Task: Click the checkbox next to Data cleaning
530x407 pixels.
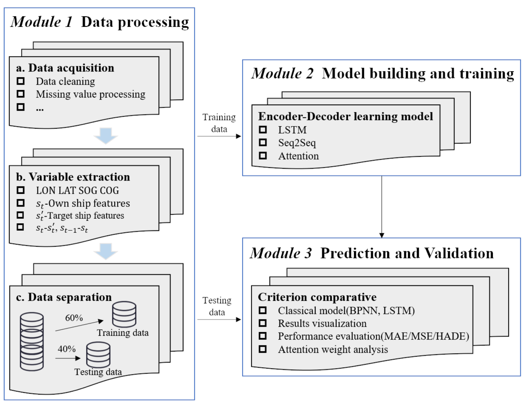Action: (x=20, y=81)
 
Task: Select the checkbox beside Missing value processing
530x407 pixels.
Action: (x=20, y=94)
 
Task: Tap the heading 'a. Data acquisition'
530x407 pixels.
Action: (x=65, y=68)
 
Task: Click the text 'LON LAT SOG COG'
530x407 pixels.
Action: (x=77, y=190)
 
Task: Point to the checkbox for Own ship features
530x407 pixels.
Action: (x=20, y=203)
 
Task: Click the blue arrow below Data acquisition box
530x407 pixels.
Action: (x=105, y=135)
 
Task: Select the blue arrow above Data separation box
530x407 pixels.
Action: (x=105, y=251)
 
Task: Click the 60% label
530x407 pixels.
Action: (x=74, y=318)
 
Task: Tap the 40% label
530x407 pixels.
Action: (x=66, y=349)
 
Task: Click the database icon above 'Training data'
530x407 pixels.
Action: (x=124, y=314)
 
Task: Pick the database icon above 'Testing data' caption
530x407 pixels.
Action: (x=98, y=355)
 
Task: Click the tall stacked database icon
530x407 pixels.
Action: (x=32, y=342)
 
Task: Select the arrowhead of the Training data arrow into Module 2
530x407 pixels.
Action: (x=239, y=136)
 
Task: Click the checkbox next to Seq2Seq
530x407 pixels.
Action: (x=263, y=142)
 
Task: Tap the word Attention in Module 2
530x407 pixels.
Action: (x=298, y=156)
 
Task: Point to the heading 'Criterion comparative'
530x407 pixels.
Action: (x=317, y=297)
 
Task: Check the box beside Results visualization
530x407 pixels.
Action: (x=263, y=323)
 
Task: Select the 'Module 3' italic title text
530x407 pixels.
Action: (x=281, y=253)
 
